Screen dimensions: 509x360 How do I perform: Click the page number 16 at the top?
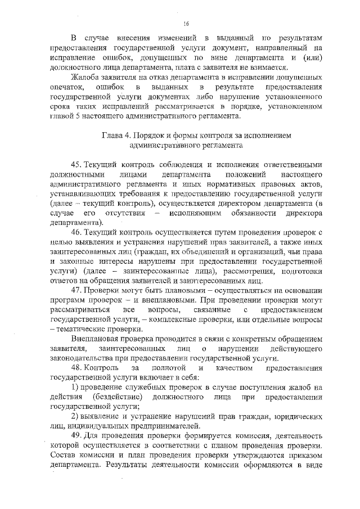point(186,23)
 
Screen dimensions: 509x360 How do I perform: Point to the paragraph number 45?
point(76,164)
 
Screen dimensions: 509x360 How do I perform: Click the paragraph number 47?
point(76,290)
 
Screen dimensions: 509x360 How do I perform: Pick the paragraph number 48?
point(76,367)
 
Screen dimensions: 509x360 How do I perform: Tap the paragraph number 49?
point(76,436)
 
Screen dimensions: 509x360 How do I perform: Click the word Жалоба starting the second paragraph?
point(85,77)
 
